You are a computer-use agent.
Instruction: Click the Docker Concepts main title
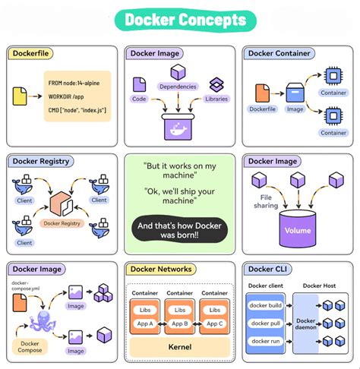coord(180,20)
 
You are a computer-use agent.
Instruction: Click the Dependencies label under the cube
coord(178,87)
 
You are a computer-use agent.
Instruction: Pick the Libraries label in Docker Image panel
coord(216,99)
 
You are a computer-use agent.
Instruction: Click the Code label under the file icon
coord(139,99)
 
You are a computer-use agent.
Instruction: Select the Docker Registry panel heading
coord(43,161)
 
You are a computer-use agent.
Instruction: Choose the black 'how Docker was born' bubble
coord(180,230)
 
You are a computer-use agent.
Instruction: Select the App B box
coord(179,323)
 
